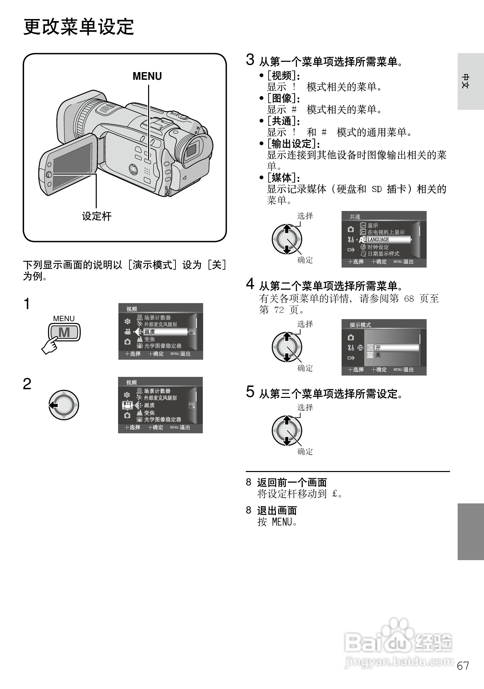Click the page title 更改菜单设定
tap(79, 27)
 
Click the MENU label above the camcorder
tap(147, 76)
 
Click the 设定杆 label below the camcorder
tap(97, 216)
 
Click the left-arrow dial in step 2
tap(63, 405)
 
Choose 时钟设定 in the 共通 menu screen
tap(378, 247)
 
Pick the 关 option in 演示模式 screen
tap(378, 355)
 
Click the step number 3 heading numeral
tap(250, 60)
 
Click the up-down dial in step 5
tap(287, 430)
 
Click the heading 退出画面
tap(277, 510)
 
